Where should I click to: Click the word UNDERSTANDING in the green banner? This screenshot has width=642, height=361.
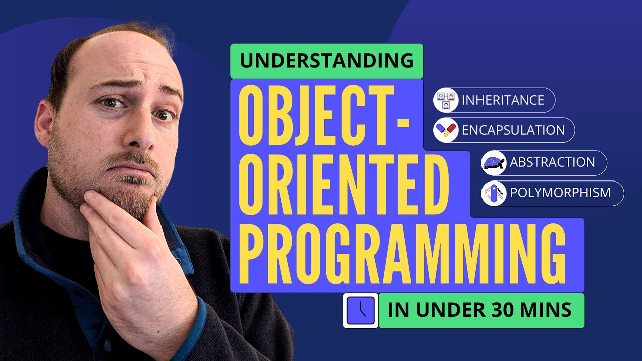tap(327, 61)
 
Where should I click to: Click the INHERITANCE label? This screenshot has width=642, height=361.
tap(503, 100)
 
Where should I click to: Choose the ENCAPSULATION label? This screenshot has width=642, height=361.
tap(513, 130)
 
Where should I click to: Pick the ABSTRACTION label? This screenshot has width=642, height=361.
tap(552, 162)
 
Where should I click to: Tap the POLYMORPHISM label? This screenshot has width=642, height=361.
tap(560, 193)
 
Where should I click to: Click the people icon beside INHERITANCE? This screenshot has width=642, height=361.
tap(446, 100)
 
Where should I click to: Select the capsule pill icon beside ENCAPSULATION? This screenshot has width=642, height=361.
tap(446, 130)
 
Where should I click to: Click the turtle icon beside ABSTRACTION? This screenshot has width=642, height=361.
tap(494, 163)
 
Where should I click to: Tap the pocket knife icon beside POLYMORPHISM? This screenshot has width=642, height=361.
tap(494, 193)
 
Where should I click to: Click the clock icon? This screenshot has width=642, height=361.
tap(360, 310)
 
